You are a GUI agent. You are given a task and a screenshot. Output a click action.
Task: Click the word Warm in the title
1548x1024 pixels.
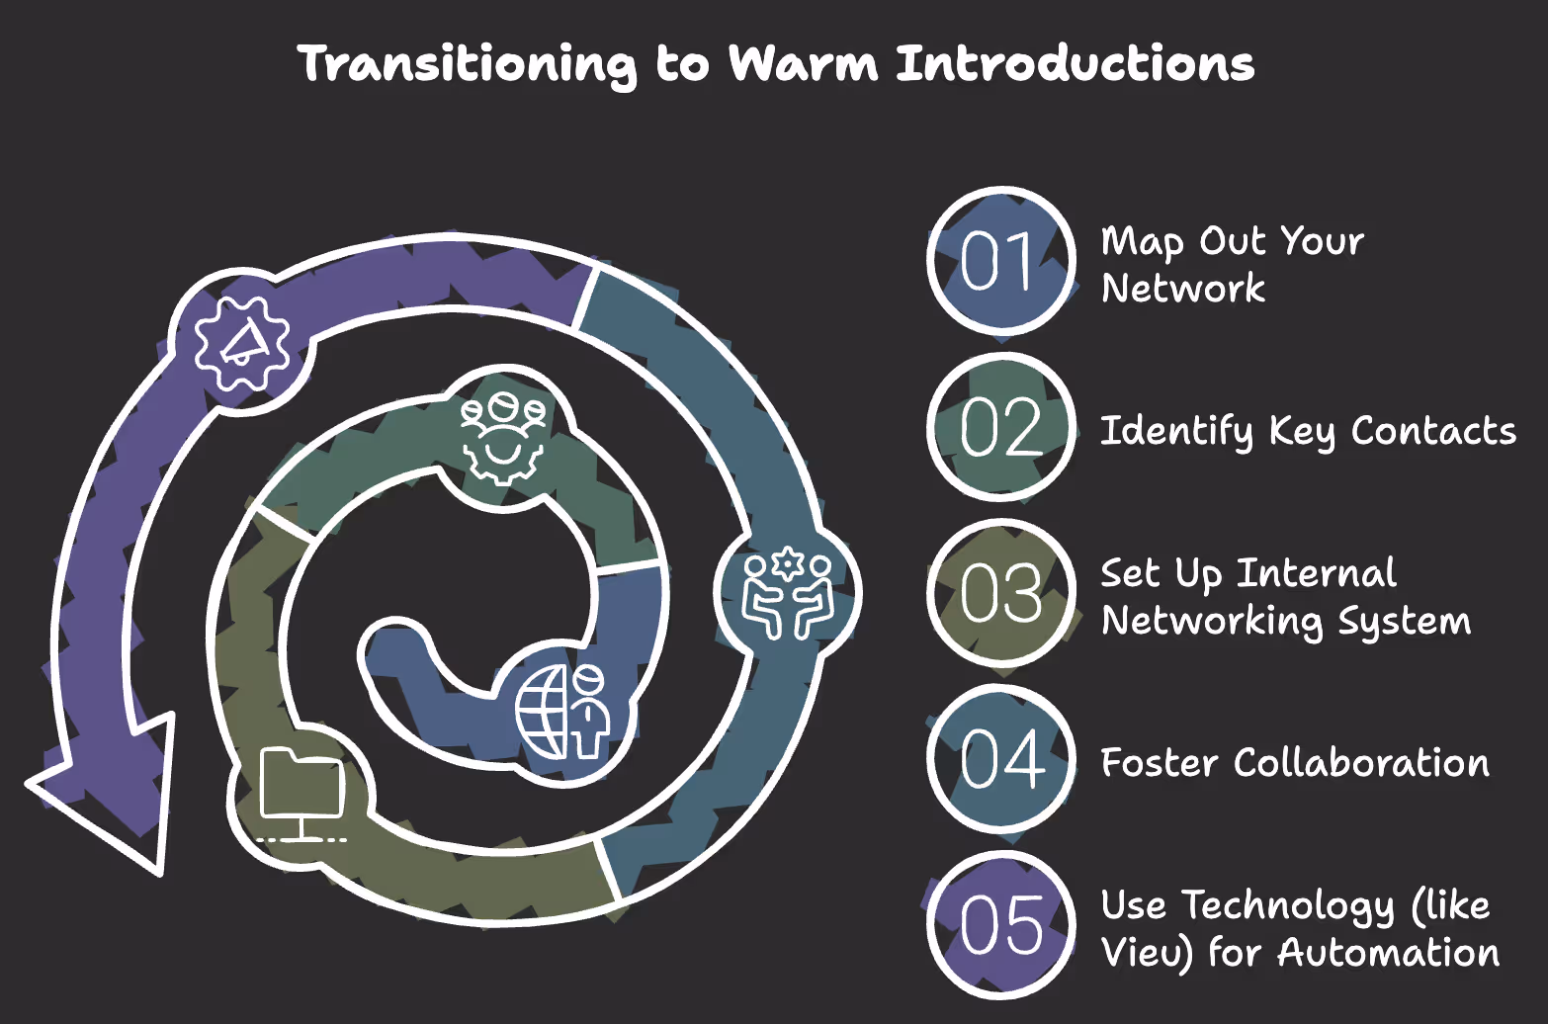pos(803,63)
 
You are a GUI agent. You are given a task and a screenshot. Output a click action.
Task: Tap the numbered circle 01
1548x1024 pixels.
pos(1001,261)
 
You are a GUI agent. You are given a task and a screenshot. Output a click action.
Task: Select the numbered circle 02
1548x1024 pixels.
pos(1001,427)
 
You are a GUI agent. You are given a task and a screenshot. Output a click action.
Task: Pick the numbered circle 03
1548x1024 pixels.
pos(1001,593)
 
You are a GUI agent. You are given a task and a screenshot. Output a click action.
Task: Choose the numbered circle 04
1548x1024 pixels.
pos(1001,759)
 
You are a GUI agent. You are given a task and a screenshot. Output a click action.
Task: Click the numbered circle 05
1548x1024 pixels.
pos(1001,925)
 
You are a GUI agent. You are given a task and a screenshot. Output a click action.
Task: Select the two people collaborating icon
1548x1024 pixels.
pos(788,593)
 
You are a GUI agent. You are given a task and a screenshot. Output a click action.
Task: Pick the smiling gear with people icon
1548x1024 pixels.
pos(502,436)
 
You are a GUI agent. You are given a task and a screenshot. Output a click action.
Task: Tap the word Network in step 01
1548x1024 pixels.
pos(1183,289)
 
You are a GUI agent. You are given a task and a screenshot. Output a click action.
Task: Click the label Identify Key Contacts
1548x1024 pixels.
pos(1308,431)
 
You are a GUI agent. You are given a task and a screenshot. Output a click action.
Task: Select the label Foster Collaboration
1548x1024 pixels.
pos(1295,763)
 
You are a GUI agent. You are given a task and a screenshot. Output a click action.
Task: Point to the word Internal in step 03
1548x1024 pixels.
pos(1317,573)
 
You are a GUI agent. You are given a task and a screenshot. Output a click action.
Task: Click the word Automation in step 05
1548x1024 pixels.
pos(1388,953)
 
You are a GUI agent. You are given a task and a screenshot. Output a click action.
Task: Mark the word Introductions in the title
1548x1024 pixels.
pos(1075,63)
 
